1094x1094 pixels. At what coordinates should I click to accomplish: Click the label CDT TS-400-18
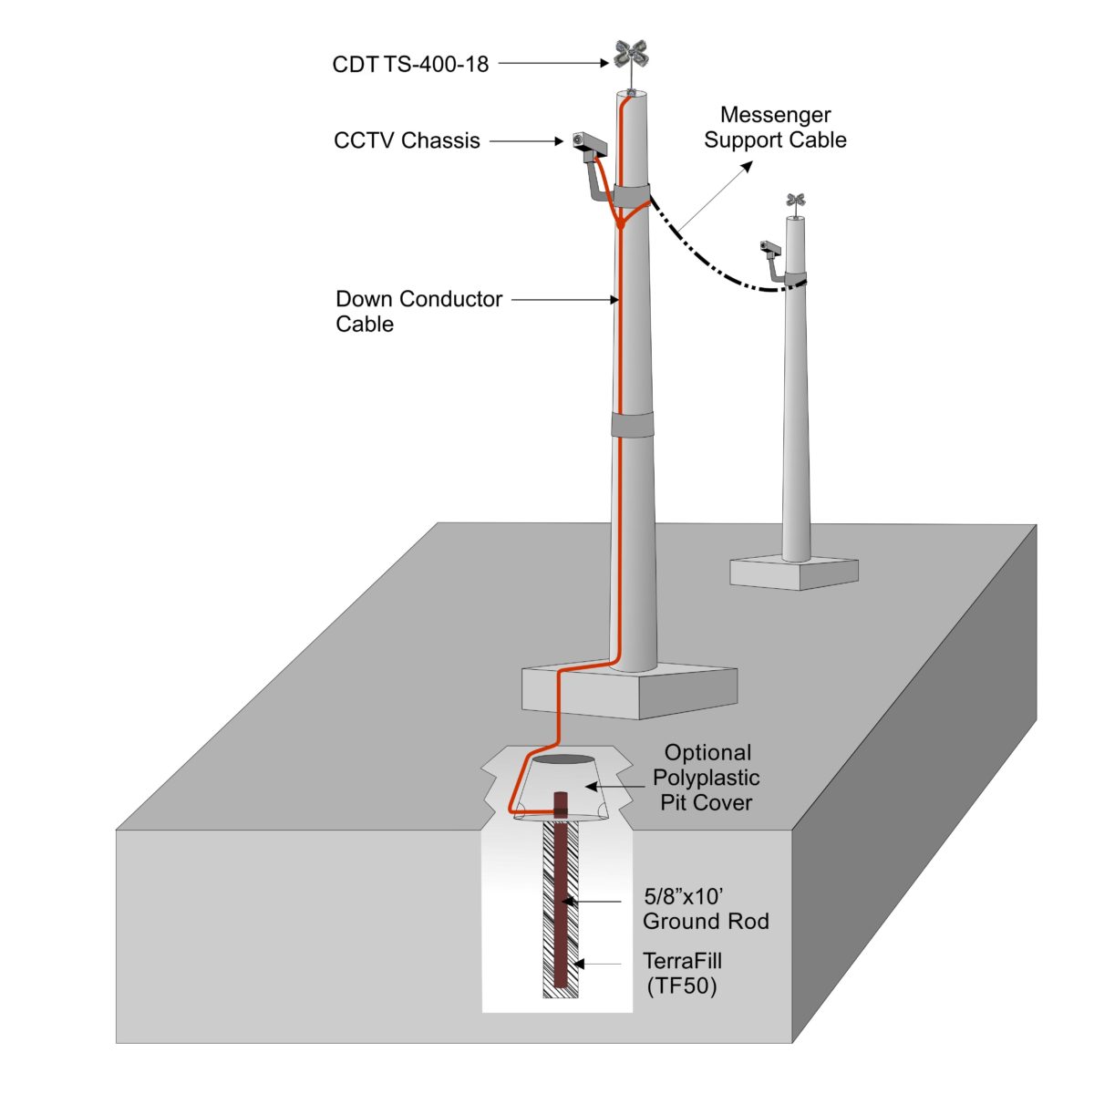click(x=410, y=65)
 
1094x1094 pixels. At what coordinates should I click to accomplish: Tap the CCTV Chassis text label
click(x=407, y=141)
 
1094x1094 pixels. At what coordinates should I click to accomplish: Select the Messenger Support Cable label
click(x=775, y=128)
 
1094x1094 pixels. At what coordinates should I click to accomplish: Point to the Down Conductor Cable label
click(x=418, y=311)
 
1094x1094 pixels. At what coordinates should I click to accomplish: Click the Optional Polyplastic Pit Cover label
click(x=707, y=778)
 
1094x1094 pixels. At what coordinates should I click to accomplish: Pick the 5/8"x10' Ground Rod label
click(x=705, y=909)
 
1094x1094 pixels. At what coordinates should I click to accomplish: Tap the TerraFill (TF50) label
click(x=682, y=973)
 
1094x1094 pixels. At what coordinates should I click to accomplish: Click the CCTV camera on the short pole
click(x=771, y=247)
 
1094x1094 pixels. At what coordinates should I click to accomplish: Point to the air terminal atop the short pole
click(x=797, y=201)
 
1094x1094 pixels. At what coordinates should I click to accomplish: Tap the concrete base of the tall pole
click(x=629, y=691)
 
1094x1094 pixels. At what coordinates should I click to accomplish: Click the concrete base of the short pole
click(x=794, y=572)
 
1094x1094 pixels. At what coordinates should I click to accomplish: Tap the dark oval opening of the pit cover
click(x=561, y=759)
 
